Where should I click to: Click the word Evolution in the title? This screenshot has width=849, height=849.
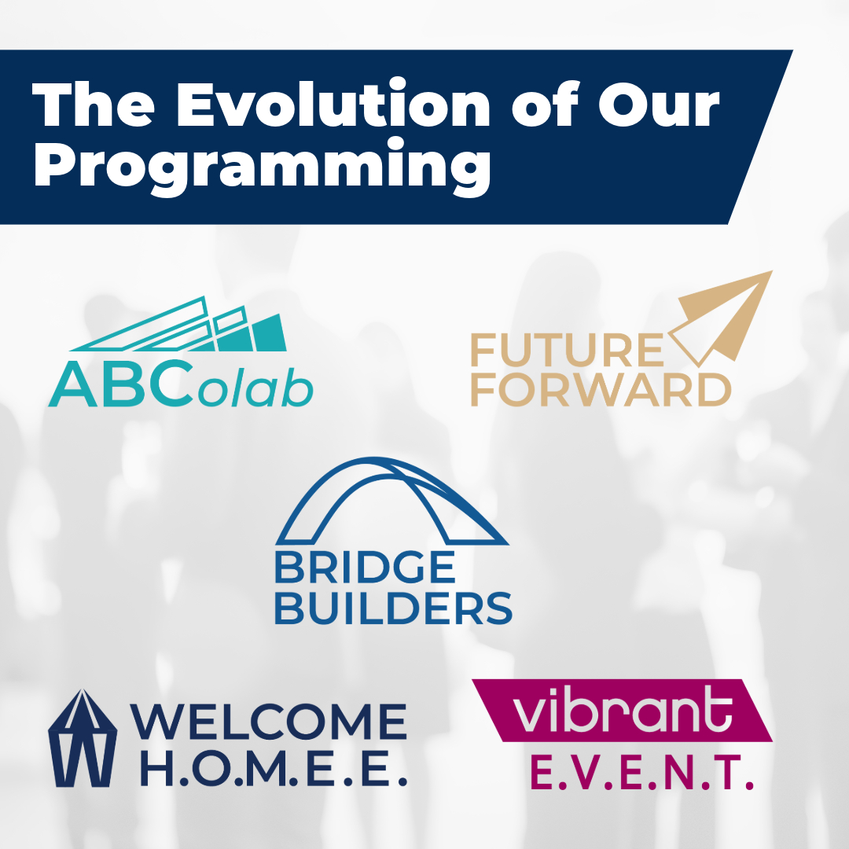(x=333, y=104)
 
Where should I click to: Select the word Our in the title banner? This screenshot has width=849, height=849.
(x=659, y=105)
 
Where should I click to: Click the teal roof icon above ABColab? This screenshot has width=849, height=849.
(x=178, y=324)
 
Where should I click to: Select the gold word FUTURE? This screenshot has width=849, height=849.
(x=567, y=350)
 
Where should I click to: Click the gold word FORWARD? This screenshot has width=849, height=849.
(x=601, y=389)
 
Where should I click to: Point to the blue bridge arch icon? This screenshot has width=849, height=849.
(x=392, y=501)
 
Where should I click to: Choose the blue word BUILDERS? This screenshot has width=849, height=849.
(x=394, y=607)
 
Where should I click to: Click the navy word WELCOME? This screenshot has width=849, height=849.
(x=269, y=721)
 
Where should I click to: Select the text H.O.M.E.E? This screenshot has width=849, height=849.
(x=274, y=769)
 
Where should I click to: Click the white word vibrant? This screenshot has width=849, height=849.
(x=622, y=709)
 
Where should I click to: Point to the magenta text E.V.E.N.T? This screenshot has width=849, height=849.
(x=641, y=773)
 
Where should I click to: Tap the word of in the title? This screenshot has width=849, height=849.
(x=544, y=104)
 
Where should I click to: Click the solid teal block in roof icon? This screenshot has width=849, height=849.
(x=269, y=333)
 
